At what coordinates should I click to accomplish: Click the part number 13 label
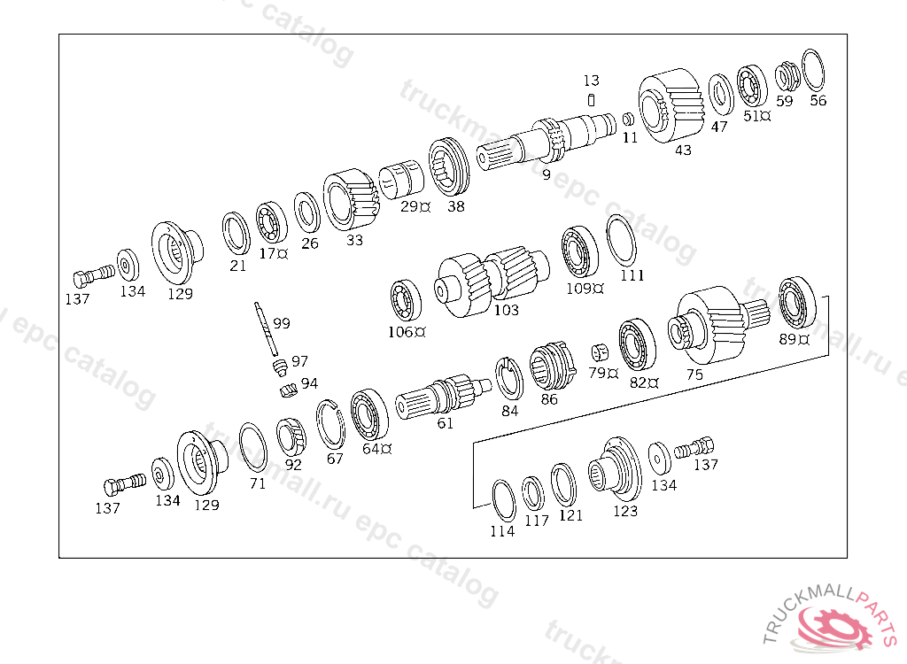pos(591,81)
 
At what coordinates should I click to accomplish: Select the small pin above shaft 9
pos(591,101)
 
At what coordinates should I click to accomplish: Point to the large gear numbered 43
pos(671,106)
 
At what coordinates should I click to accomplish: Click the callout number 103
pos(506,310)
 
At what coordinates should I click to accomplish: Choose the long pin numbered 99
pos(266,328)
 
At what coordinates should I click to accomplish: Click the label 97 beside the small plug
pos(299,361)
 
